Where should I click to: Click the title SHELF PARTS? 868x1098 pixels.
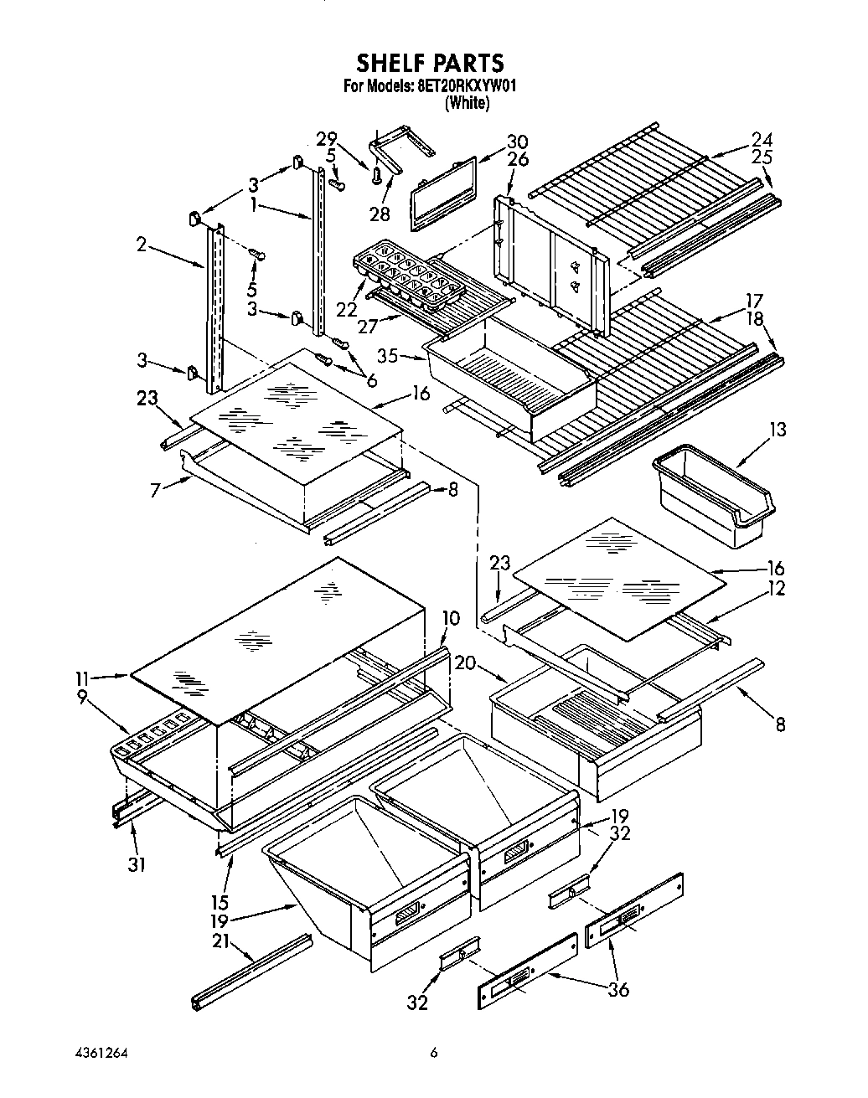[431, 63]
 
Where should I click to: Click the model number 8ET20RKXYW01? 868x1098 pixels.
[468, 85]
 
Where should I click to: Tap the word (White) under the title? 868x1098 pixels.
[467, 103]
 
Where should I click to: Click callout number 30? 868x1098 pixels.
[517, 142]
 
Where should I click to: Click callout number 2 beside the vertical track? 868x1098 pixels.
[142, 245]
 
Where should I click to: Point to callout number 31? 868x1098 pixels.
[136, 863]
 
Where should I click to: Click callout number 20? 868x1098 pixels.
[466, 662]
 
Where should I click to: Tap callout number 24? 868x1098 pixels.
[761, 139]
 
